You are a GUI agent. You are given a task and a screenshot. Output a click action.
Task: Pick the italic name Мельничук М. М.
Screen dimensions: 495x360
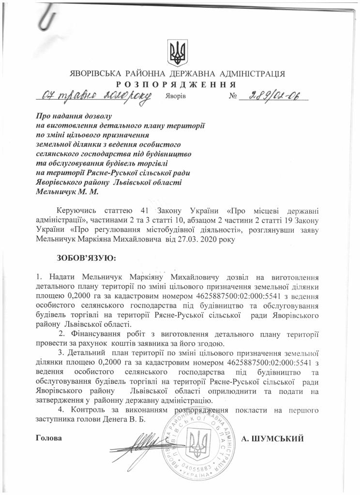pos(67,192)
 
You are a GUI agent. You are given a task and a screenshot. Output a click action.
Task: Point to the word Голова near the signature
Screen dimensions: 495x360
pos(49,438)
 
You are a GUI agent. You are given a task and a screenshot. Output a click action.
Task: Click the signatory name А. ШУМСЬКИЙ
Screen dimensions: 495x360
pos(272,438)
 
